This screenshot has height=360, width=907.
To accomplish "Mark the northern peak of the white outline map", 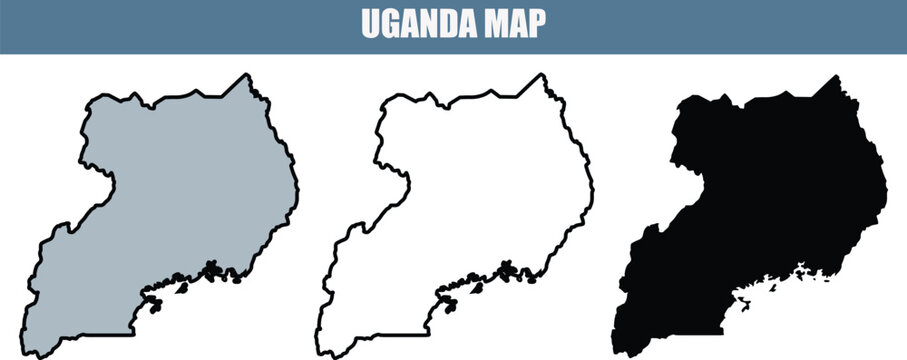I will point(541,76).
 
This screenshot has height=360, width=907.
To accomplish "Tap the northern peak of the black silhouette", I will point(834,77).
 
